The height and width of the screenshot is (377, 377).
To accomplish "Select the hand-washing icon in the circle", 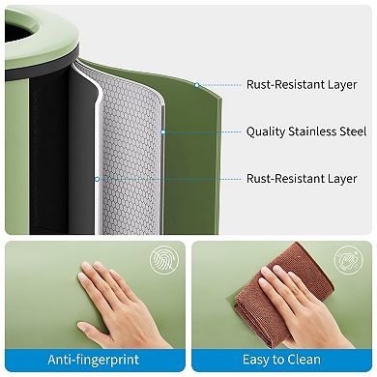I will coord(349,262).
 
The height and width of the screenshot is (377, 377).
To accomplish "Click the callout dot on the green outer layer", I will coord(196,85).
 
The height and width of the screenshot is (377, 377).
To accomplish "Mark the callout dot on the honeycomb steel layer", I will coord(163,132).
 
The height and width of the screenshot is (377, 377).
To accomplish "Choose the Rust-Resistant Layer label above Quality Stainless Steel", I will coord(303,84).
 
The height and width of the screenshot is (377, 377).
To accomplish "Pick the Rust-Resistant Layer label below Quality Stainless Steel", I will coord(303,179).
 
